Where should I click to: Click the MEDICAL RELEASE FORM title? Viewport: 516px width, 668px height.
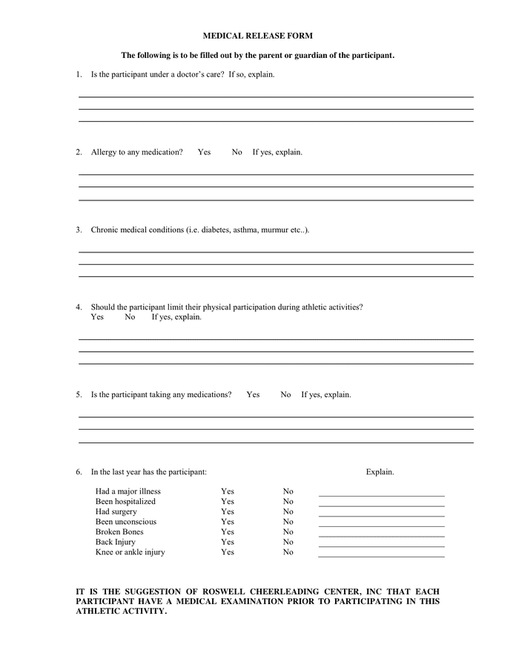tap(257, 35)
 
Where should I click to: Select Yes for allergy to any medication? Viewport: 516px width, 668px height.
tap(204, 152)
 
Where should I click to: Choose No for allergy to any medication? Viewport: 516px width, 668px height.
tap(236, 152)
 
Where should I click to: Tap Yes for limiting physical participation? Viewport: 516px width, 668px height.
tap(97, 317)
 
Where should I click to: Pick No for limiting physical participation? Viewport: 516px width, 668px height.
tap(130, 317)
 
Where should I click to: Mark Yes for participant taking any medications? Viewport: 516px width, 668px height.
tap(253, 395)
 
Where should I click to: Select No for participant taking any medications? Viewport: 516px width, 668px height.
tap(285, 395)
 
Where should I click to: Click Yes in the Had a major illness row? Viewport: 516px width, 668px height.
tap(227, 491)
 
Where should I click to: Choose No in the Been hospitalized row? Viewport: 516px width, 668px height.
tap(288, 502)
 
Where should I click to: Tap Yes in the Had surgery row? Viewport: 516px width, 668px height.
tap(227, 511)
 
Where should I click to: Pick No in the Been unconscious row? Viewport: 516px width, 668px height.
tap(288, 522)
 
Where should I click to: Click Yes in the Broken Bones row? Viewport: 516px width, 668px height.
tap(227, 532)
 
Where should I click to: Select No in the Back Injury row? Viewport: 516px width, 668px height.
tap(288, 543)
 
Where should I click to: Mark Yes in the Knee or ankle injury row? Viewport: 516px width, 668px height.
tap(227, 552)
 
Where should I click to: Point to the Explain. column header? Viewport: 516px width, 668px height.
tap(380, 472)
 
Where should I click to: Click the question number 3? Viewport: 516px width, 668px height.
tap(79, 230)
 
